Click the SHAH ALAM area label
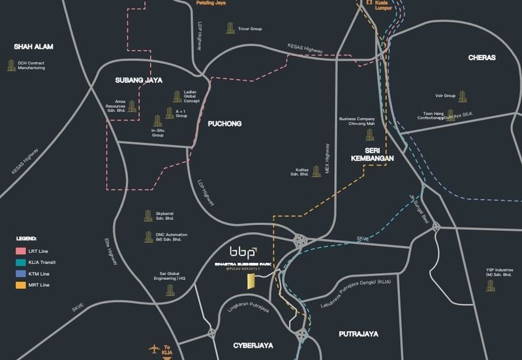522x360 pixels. pos(33,46)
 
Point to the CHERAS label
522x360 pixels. pos(482,58)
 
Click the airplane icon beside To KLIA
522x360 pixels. pos(155,348)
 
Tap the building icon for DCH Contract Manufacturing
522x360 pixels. pos(10,65)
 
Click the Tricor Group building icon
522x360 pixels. pos(230,28)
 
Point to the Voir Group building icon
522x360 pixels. pos(463,97)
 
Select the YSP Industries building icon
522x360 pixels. pos(491,284)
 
